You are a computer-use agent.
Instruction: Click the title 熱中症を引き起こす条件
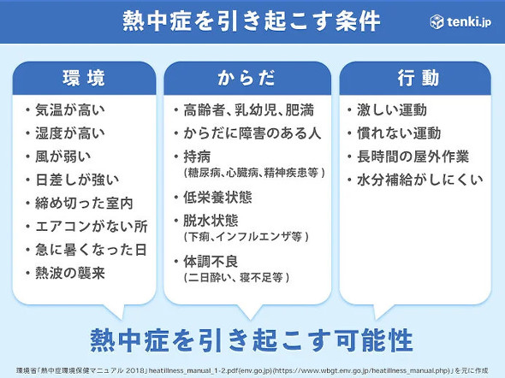252,21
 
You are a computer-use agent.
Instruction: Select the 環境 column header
85,79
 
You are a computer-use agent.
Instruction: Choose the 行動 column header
419,79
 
